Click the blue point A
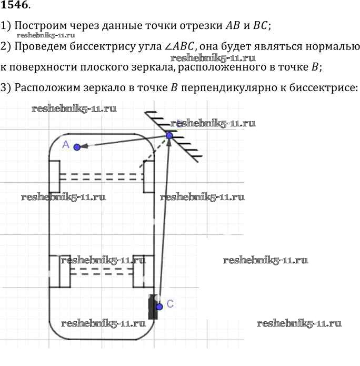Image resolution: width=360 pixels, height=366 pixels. pos(77,147)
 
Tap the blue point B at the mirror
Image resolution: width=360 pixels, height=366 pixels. pos(169,135)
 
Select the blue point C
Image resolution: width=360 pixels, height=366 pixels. pos(159,306)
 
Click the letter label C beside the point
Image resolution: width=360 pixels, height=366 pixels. pos(169,304)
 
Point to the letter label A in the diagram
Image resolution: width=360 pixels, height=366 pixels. pos(66,144)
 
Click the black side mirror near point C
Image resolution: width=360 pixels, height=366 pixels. pos(153,308)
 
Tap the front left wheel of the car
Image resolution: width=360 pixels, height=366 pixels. pos(54,176)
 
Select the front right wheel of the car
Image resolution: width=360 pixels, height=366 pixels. pos(148,176)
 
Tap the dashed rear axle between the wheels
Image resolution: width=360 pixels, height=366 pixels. pos(101,271)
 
